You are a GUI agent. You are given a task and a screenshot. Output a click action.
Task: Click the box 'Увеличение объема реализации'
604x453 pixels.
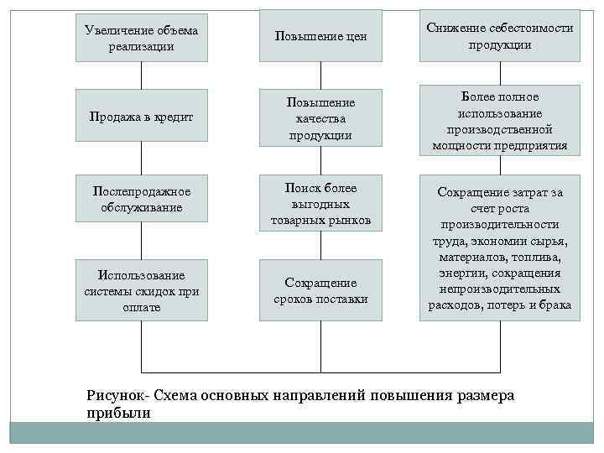pyautogui.click(x=142, y=38)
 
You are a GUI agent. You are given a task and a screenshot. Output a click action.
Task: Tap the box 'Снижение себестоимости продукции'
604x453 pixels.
pyautogui.click(x=499, y=36)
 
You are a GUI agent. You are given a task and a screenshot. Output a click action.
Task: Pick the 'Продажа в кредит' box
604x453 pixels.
pyautogui.click(x=142, y=117)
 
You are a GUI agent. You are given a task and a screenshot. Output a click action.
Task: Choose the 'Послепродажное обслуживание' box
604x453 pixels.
pyautogui.click(x=142, y=199)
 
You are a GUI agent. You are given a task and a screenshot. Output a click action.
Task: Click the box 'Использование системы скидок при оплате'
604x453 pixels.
pyautogui.click(x=142, y=290)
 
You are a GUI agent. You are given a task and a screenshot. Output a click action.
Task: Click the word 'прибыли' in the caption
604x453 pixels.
pyautogui.click(x=117, y=413)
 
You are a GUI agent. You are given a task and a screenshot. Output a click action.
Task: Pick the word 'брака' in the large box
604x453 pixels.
pyautogui.click(x=553, y=305)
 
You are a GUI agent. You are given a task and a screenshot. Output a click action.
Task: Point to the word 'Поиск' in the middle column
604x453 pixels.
pyautogui.click(x=300, y=188)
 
